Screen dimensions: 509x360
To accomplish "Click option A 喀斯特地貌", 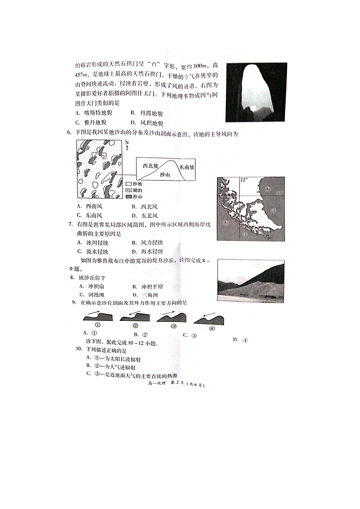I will (94, 113).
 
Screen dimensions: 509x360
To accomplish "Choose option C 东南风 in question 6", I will (90, 215).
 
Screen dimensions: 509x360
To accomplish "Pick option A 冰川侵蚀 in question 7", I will (93, 242).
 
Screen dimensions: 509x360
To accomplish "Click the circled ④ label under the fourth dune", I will (211, 329).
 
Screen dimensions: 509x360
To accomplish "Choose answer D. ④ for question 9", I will (241, 340).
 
